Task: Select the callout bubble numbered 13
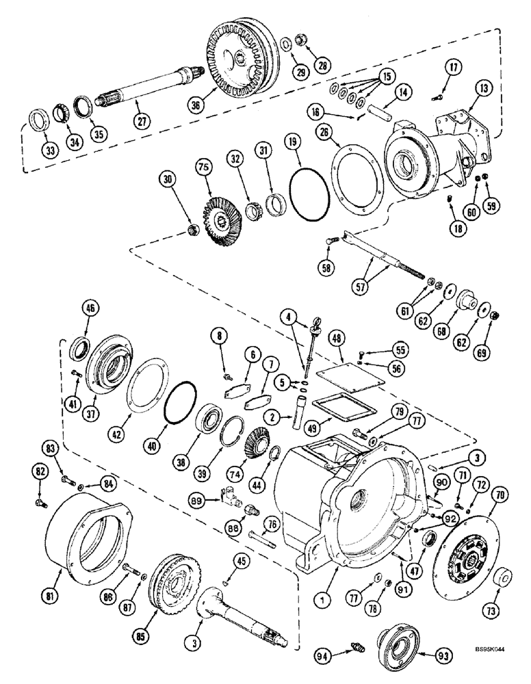[484, 88]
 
